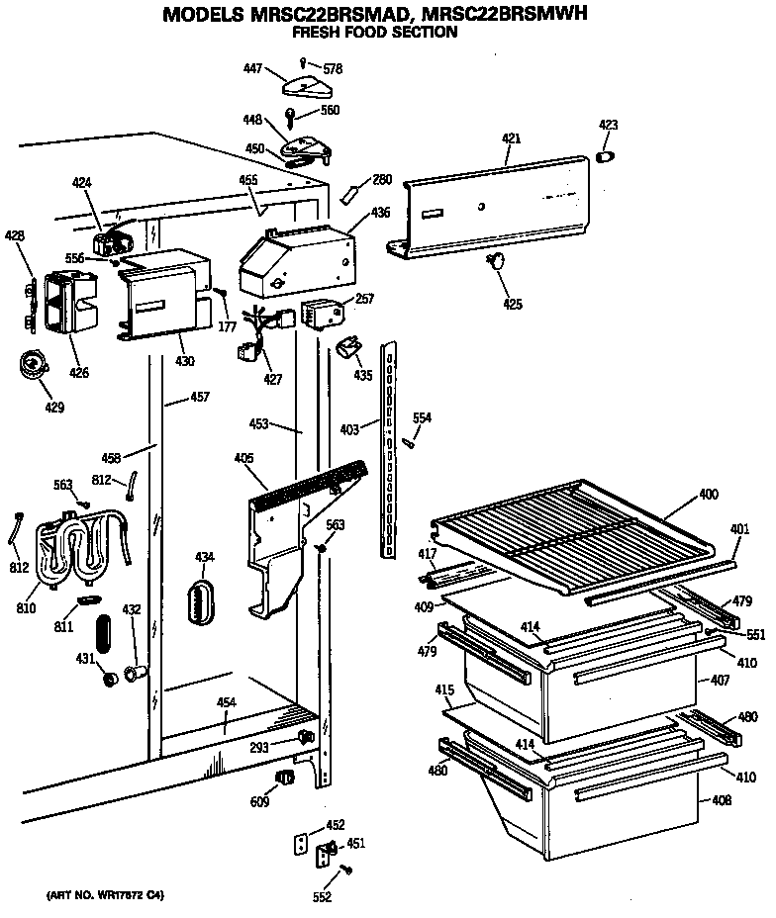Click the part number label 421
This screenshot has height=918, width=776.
[x=510, y=138]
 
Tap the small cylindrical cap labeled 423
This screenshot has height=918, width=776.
[x=608, y=155]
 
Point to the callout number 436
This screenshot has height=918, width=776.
[x=380, y=212]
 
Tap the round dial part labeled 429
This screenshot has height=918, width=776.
[x=33, y=367]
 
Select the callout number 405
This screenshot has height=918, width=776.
[x=243, y=458]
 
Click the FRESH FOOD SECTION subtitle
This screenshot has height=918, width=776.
[x=373, y=33]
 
